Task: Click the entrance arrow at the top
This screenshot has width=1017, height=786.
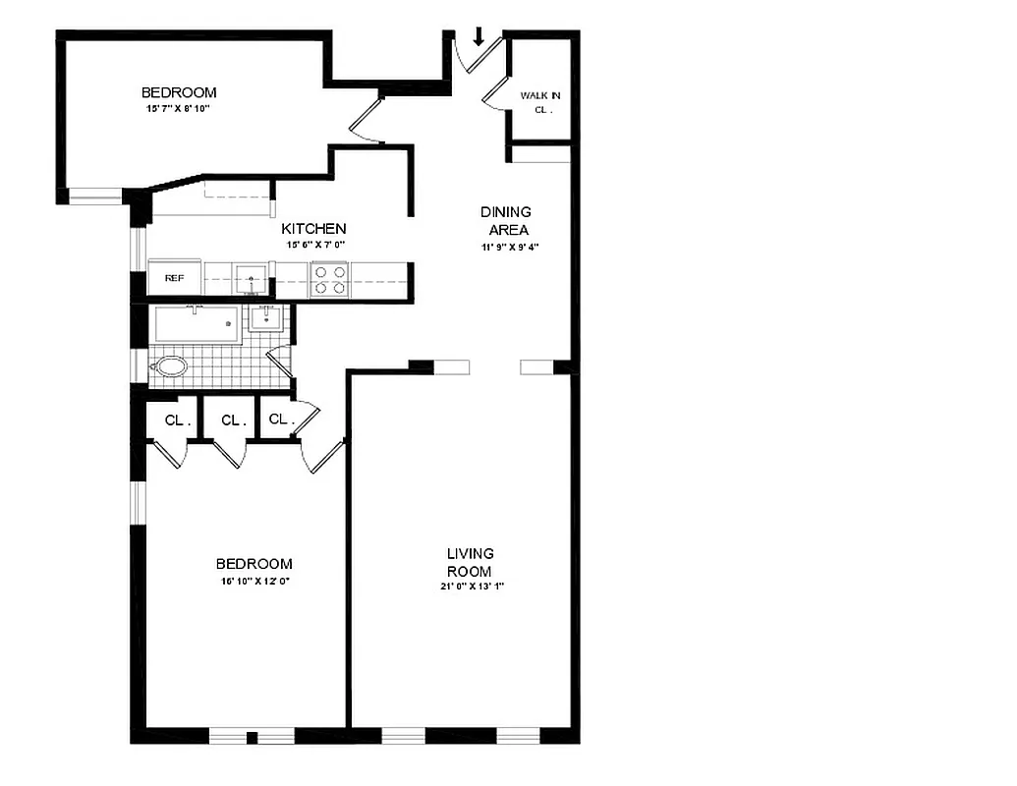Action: (480, 37)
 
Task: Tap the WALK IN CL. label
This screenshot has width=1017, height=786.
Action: (540, 102)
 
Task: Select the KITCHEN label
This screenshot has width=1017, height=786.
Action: (313, 228)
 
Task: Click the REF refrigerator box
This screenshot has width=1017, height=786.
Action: (174, 278)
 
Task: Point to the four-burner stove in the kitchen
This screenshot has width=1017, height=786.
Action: (329, 280)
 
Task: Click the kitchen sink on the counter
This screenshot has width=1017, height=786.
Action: (251, 280)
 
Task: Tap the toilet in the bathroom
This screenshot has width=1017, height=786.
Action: (170, 367)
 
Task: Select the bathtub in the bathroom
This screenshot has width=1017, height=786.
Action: (196, 323)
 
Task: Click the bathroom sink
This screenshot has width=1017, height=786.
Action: (264, 318)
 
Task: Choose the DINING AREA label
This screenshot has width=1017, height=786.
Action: (506, 220)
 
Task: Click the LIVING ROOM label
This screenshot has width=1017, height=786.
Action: (470, 562)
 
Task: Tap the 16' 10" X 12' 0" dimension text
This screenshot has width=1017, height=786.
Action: (254, 582)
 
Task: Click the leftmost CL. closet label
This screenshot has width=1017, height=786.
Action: (176, 421)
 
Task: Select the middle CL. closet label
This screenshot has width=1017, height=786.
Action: (233, 421)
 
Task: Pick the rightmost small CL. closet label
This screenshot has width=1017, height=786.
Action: (280, 420)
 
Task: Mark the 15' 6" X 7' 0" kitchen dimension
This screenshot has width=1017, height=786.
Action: (315, 245)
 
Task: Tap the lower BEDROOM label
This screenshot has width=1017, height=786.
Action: (254, 564)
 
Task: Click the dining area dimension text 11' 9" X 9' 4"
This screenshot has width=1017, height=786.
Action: (505, 249)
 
